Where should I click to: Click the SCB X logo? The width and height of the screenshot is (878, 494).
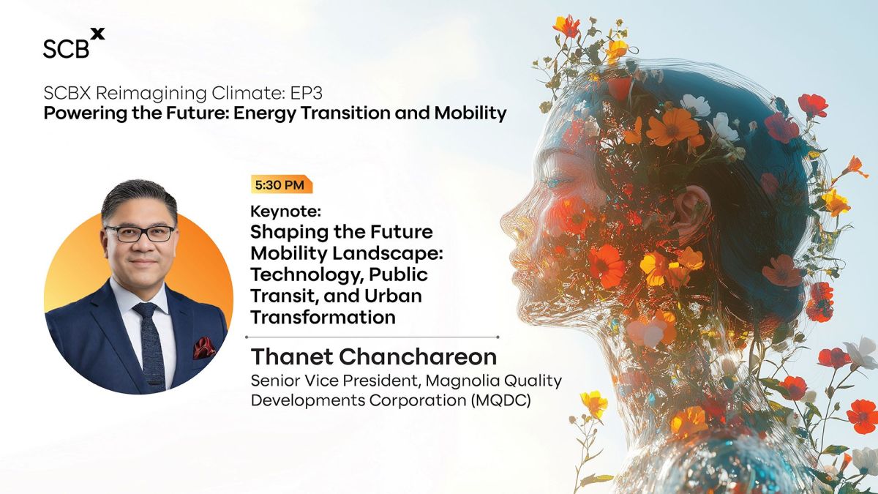[74, 43]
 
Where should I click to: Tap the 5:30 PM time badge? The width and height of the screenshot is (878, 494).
[282, 184]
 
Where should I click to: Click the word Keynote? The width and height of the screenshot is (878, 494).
[285, 212]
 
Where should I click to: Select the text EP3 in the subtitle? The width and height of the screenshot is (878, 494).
[306, 93]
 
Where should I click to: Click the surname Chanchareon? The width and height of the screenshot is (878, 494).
[418, 356]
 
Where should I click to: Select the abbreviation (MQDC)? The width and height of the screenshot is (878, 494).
[501, 400]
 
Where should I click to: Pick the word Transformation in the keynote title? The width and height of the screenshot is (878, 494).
[323, 317]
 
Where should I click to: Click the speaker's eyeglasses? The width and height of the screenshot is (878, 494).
[140, 233]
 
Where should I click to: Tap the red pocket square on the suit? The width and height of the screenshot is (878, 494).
[204, 348]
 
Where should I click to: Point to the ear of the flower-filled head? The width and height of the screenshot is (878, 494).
[691, 214]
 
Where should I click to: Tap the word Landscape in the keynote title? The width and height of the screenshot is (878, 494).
[388, 253]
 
